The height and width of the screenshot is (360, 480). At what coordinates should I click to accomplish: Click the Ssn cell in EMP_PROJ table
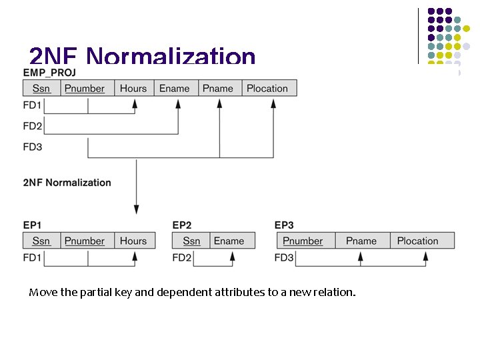pyautogui.click(x=41, y=88)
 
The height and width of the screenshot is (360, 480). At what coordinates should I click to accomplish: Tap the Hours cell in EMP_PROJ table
pyautogui.click(x=133, y=88)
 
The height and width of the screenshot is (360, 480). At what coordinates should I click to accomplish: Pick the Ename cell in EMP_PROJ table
pyautogui.click(x=175, y=88)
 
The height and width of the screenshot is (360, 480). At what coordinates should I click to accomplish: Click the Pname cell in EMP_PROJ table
pyautogui.click(x=218, y=88)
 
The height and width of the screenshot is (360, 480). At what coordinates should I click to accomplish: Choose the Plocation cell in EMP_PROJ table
pyautogui.click(x=267, y=88)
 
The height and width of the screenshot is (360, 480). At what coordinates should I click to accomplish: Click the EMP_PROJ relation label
pyautogui.click(x=49, y=72)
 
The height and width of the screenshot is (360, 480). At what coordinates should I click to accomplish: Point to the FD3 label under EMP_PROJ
pyautogui.click(x=33, y=147)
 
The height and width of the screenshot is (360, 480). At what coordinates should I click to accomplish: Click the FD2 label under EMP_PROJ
pyautogui.click(x=33, y=126)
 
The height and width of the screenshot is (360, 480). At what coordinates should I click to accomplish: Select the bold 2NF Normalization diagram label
pyautogui.click(x=67, y=183)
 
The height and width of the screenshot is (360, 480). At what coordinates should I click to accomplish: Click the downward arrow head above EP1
pyautogui.click(x=137, y=209)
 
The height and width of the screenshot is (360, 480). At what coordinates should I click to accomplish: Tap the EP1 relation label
pyautogui.click(x=32, y=225)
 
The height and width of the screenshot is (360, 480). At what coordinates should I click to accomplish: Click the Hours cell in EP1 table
pyautogui.click(x=133, y=241)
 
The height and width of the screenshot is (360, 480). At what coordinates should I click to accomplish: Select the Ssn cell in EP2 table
pyautogui.click(x=191, y=241)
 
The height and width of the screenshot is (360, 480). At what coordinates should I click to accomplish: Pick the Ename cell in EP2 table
pyautogui.click(x=229, y=241)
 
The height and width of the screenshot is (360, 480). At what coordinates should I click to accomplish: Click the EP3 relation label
pyautogui.click(x=284, y=225)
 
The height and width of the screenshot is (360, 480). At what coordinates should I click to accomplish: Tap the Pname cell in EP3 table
pyautogui.click(x=361, y=241)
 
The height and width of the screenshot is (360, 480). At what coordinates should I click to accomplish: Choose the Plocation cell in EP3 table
pyautogui.click(x=418, y=241)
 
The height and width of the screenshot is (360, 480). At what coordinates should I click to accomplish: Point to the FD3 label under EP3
pyautogui.click(x=284, y=257)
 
